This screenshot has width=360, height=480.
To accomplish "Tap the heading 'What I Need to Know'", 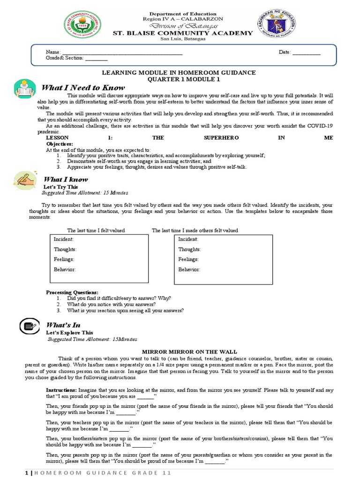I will [x=83, y=88].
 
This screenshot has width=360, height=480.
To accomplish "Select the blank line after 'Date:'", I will [x=307, y=52].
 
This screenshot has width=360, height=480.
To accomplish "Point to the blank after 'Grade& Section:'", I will [x=96, y=58].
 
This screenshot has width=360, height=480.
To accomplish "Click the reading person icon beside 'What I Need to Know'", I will [x=23, y=88].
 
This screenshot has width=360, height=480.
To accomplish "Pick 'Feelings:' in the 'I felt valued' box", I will [x=64, y=259].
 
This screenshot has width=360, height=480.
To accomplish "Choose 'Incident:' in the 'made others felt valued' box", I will [x=188, y=239].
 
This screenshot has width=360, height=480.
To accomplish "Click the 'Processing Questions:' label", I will [x=72, y=292].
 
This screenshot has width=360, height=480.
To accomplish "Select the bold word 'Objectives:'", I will [x=59, y=143].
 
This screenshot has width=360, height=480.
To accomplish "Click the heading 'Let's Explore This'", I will [x=69, y=332].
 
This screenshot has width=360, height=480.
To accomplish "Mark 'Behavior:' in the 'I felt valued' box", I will [x=65, y=270].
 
